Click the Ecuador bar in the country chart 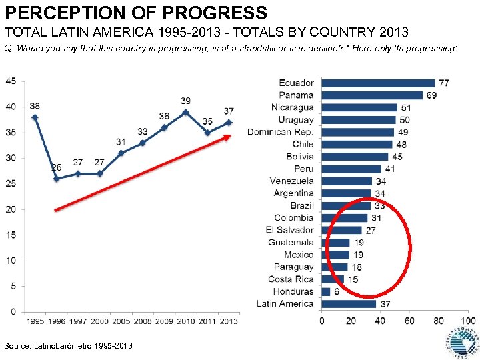(378, 83)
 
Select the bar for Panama (372, 95)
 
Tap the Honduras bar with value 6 (326, 292)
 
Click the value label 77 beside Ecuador (443, 83)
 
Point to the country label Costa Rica (291, 279)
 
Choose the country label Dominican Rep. (280, 132)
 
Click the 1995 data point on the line (35, 117)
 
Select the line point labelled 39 (185, 112)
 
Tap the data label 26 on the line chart (56, 167)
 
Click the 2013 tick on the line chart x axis (229, 321)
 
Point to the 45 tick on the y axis (11, 81)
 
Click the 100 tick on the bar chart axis (467, 321)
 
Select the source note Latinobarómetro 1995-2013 (69, 345)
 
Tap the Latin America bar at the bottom (349, 304)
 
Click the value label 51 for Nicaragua (405, 108)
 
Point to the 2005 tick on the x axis (121, 321)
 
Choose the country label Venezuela (291, 181)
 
